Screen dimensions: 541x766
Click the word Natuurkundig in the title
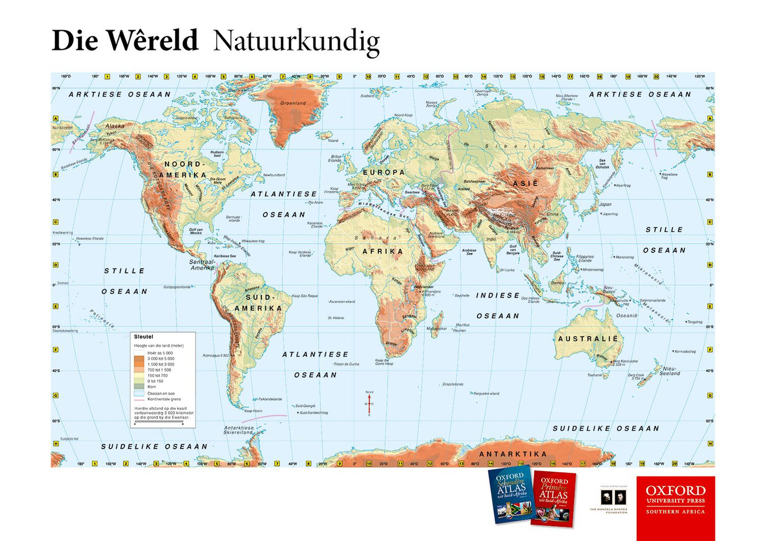296,41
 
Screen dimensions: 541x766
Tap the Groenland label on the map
293,103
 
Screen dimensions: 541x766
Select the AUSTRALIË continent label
587,338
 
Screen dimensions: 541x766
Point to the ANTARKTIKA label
513,454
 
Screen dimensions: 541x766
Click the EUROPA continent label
384,172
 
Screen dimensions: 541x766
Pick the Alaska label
115,126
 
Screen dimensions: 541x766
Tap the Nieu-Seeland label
670,371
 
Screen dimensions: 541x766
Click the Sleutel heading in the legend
143,337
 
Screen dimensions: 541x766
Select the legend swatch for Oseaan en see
139,394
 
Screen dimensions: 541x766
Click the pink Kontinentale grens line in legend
139,399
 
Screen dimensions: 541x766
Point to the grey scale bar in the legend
159,422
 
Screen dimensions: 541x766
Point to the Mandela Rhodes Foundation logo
609,499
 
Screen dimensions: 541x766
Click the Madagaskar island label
437,329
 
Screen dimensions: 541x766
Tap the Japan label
605,204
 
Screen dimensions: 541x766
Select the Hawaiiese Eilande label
90,239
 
